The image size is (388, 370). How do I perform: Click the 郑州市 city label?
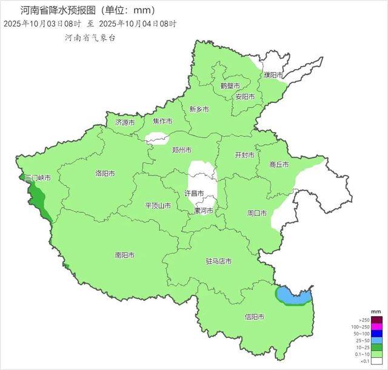click(x=182, y=150)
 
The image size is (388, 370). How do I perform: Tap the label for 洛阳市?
click(x=105, y=173)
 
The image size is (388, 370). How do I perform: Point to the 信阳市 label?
click(x=255, y=316)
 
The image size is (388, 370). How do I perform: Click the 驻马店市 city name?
click(x=218, y=262)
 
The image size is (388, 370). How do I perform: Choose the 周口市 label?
click(x=257, y=213)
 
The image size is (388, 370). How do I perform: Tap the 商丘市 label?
click(x=278, y=164)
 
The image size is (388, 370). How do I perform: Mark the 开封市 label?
click(x=244, y=154)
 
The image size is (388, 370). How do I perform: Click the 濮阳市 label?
click(x=273, y=74)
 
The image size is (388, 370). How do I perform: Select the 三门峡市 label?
click(x=37, y=178)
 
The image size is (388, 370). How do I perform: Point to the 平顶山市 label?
click(x=158, y=206)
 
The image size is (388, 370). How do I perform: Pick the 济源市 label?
click(x=125, y=122)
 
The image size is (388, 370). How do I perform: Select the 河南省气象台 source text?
click(x=90, y=38)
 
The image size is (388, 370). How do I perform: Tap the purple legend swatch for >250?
click(x=377, y=320)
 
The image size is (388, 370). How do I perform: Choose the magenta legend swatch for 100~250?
click(x=377, y=327)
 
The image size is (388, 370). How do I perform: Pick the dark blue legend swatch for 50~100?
click(x=377, y=334)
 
